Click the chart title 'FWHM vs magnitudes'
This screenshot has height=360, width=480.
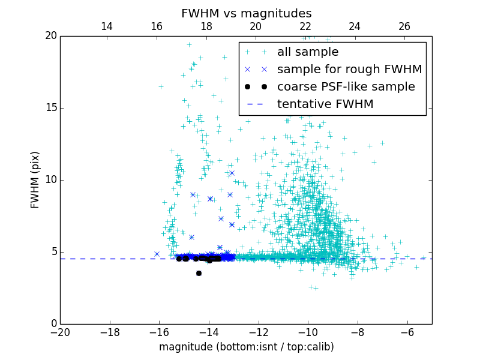point(246,13)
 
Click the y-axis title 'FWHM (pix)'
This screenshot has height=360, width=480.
point(35,180)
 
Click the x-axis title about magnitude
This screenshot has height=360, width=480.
point(246,347)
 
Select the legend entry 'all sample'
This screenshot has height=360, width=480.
point(307,52)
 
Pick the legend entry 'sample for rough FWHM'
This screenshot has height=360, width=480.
point(349,70)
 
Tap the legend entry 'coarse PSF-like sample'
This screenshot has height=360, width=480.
point(346,87)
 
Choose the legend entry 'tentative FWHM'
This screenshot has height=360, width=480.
point(325,104)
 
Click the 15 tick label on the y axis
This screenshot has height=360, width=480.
point(50,108)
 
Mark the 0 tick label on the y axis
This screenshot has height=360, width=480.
point(53,324)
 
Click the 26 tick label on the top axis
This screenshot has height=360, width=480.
point(404,26)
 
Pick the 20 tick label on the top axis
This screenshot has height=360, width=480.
point(256,26)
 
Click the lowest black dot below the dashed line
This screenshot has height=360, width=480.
point(199,273)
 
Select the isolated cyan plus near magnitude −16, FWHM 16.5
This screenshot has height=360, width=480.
point(161,86)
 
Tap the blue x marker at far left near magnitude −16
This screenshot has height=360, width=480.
point(157,254)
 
